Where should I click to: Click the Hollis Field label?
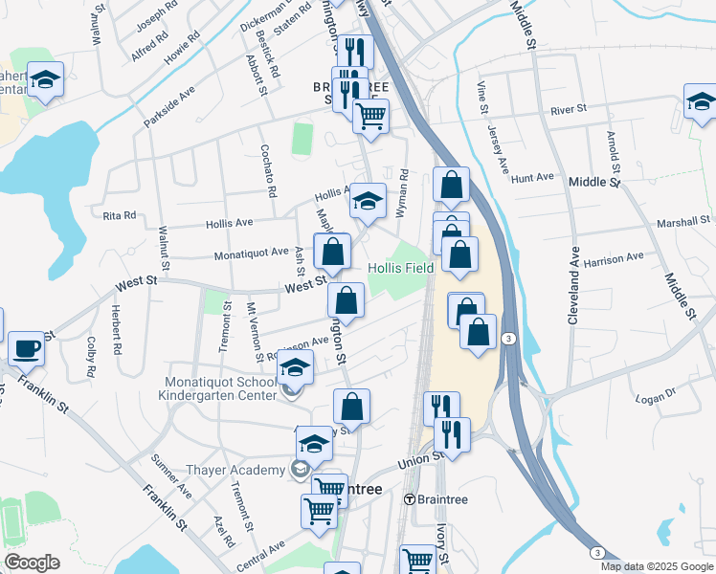coord(401,269)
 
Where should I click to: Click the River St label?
coord(568,111)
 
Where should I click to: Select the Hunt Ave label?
coord(533,178)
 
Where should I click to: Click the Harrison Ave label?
coord(614,259)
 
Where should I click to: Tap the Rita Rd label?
coord(120,215)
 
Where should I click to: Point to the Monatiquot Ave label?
coord(251,253)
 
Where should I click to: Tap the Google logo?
coord(32,563)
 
